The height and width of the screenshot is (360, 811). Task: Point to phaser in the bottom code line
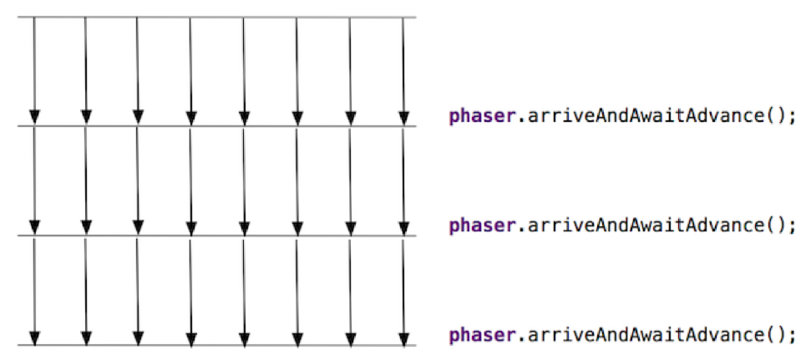click(x=479, y=335)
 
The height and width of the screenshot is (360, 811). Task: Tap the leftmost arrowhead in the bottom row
click(x=33, y=337)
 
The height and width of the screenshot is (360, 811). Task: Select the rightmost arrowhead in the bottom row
click(x=403, y=337)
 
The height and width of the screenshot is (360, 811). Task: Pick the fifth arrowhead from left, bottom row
click(x=245, y=337)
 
